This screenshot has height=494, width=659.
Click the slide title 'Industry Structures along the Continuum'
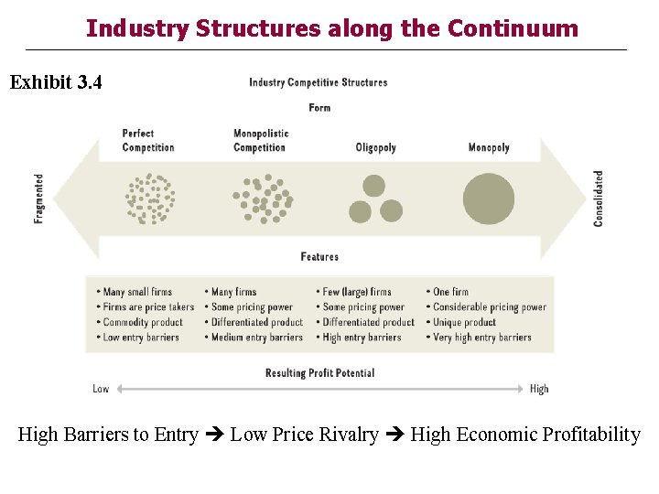331,28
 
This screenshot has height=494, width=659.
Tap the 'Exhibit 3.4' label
56,82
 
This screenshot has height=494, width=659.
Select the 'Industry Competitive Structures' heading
318,82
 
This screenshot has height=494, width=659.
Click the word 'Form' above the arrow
319,108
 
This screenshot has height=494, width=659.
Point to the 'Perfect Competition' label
147,140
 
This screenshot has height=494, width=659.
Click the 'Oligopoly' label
375,147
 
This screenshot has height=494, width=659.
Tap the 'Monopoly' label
488,147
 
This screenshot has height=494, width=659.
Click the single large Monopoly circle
489,199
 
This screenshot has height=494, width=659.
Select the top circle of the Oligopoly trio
373,186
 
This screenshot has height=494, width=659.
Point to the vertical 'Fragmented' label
39,199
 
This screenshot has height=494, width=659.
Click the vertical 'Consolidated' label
599,199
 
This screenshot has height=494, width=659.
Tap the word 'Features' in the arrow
319,257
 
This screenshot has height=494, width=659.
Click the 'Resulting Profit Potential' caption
319,373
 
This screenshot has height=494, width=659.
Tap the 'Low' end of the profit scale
101,389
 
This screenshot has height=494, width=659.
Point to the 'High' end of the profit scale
539,389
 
